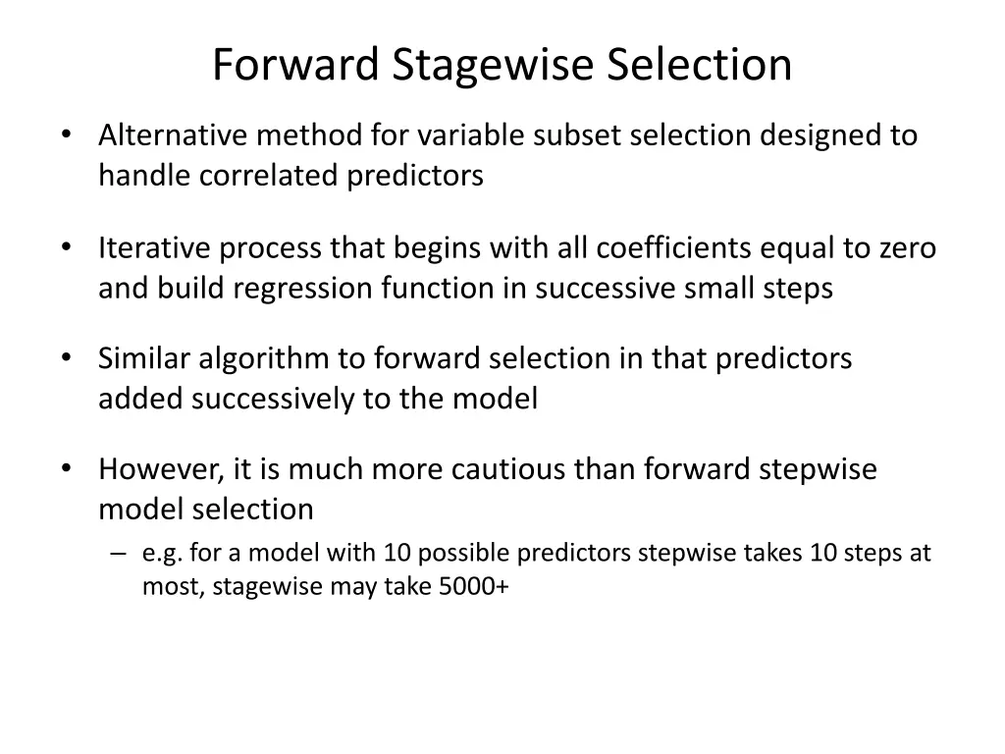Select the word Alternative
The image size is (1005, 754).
point(161,135)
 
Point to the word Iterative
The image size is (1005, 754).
point(154,247)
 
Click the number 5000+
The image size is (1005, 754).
point(474,588)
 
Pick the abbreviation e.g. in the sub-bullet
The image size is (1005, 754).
point(163,554)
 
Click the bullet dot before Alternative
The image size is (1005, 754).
point(65,135)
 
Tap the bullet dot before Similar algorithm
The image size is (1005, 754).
point(65,359)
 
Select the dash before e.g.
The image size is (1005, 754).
point(119,554)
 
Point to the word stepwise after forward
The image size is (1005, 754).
point(819,469)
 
